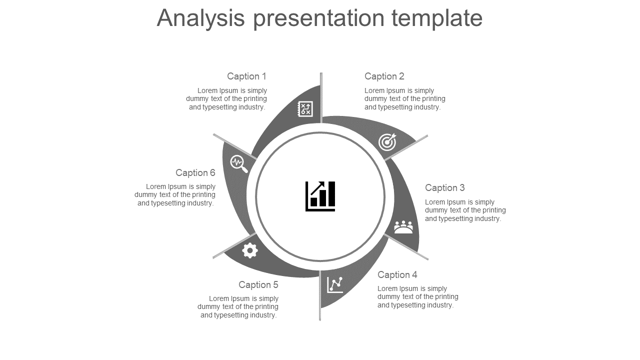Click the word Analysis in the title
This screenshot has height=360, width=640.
tap(200, 18)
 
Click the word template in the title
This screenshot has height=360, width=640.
tap(437, 18)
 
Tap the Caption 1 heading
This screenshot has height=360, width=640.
tap(246, 76)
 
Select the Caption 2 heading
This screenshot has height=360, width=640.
tap(384, 76)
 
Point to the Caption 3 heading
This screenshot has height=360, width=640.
tap(444, 188)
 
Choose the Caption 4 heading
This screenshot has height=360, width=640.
tap(397, 275)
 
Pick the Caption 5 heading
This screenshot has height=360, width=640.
tap(258, 285)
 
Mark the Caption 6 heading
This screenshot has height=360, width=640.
tap(195, 173)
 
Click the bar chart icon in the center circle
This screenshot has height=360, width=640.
tap(320, 196)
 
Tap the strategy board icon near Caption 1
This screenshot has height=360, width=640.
tap(305, 108)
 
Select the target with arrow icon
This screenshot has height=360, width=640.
tap(387, 142)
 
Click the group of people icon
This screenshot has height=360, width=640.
tap(403, 227)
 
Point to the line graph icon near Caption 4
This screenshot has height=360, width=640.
tap(335, 284)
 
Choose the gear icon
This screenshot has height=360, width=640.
tap(250, 250)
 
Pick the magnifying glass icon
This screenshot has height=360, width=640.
tap(238, 163)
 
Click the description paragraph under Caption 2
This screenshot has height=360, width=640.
tap(404, 99)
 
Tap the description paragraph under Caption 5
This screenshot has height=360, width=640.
tap(238, 307)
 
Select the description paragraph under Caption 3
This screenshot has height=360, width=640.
tap(465, 210)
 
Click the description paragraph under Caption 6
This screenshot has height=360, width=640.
tap(175, 195)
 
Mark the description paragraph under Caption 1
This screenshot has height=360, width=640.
tap(227, 99)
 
